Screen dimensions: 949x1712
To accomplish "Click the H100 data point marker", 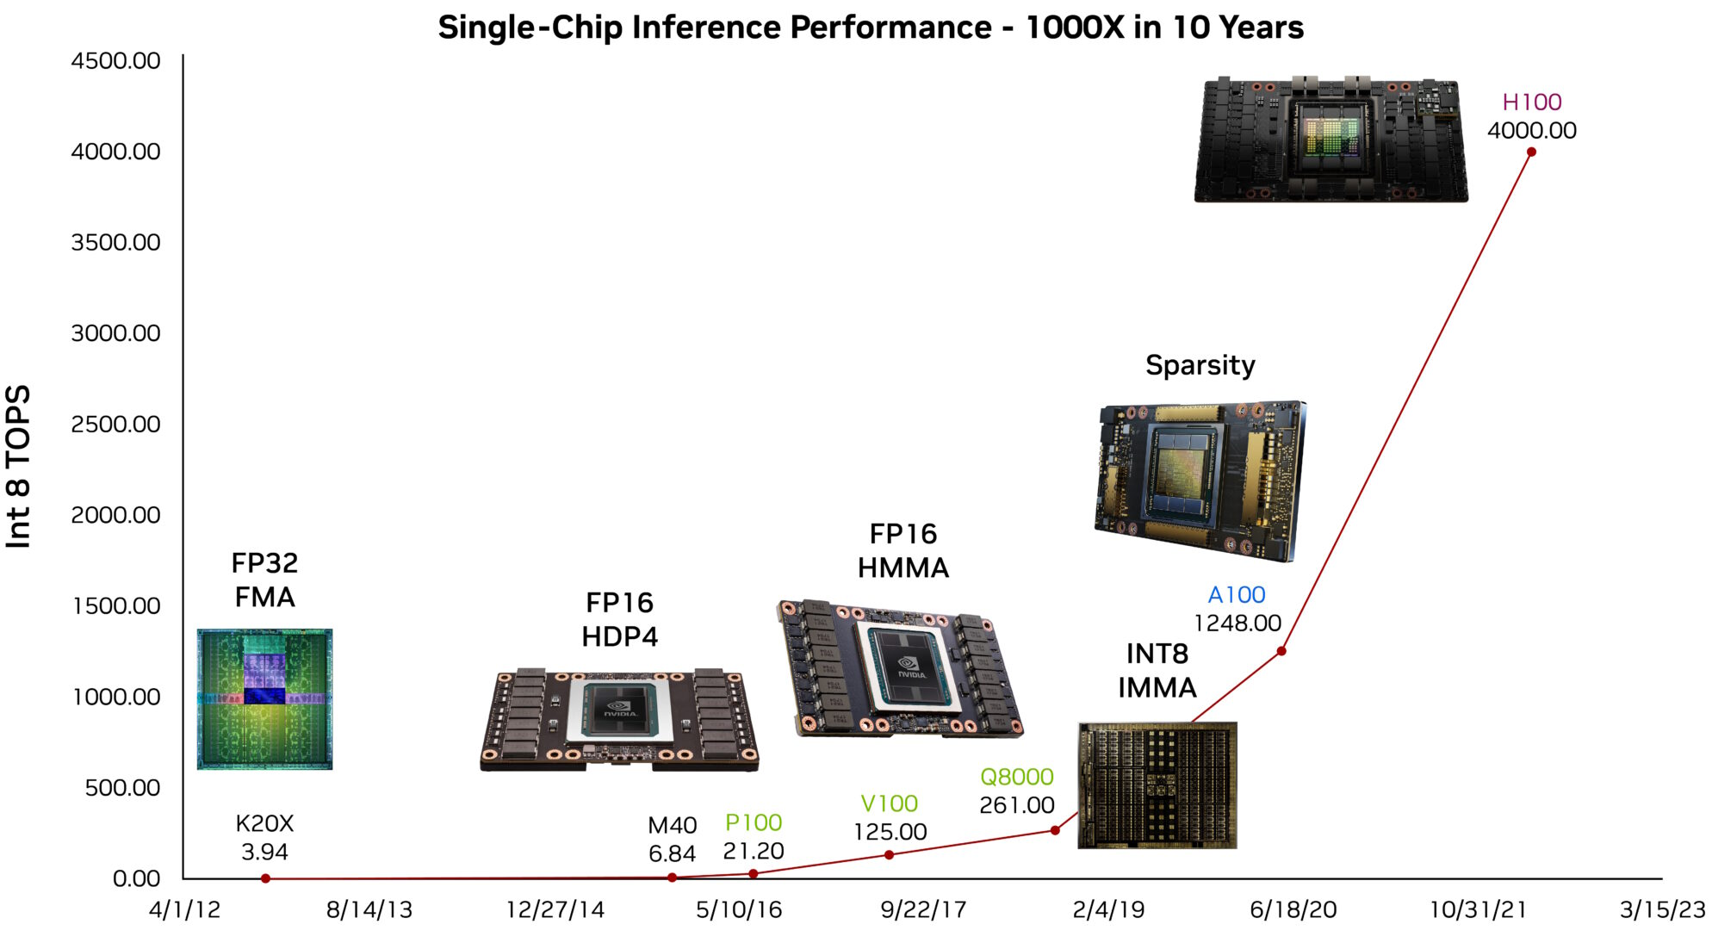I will (x=1531, y=152).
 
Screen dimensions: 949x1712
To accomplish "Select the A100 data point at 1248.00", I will (x=1281, y=651).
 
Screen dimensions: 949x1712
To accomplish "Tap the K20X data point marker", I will (x=265, y=878).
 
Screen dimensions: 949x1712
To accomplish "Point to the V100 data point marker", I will (x=889, y=855).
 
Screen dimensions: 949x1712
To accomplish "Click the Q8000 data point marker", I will (x=1055, y=830).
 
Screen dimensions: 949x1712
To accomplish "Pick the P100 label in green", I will (x=754, y=822).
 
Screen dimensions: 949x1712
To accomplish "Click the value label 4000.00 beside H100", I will (x=1531, y=131).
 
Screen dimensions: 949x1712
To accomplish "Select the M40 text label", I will (x=672, y=826).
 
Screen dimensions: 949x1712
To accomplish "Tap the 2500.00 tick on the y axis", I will (x=115, y=424).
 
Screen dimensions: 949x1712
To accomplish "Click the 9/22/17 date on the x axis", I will (x=923, y=910).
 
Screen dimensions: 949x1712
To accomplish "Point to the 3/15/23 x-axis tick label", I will (x=1662, y=910).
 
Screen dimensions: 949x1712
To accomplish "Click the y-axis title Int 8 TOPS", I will (x=19, y=466).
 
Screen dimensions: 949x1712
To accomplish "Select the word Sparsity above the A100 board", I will (x=1200, y=365).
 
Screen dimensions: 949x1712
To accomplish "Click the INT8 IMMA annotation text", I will (x=1157, y=671).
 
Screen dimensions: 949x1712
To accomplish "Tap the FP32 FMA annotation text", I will (x=264, y=580).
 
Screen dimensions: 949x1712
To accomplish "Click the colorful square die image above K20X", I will (x=264, y=699).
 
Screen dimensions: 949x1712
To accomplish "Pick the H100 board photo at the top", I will (x=1331, y=140).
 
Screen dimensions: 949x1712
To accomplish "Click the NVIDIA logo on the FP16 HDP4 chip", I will (x=620, y=710).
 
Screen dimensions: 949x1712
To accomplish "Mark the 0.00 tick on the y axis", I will (x=136, y=878).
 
